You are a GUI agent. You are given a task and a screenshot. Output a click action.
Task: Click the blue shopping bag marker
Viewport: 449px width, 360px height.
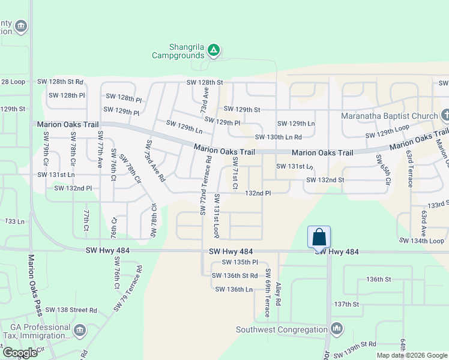pos(319,237)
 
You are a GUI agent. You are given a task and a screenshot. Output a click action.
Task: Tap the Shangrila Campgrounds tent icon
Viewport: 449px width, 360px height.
pos(213,50)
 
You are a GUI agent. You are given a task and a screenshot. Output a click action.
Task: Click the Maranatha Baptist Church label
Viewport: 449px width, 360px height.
pos(389,115)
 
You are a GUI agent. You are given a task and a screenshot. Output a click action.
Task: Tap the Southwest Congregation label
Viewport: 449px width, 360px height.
pos(281,329)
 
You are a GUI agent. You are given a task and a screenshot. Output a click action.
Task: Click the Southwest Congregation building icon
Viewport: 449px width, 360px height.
pos(336,328)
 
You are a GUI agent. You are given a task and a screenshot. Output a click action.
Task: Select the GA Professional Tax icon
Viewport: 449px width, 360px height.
pos(79,330)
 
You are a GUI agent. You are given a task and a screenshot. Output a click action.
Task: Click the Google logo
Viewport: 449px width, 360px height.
pos(20,353)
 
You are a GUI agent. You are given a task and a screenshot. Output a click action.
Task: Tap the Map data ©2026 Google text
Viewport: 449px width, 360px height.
pos(412,355)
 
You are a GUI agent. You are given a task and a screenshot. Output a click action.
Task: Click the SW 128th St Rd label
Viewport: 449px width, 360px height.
pos(60,82)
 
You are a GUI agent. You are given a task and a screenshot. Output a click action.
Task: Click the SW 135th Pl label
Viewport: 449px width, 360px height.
pos(240,262)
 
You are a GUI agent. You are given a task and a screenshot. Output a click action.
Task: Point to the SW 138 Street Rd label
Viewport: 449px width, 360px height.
pos(73,310)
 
